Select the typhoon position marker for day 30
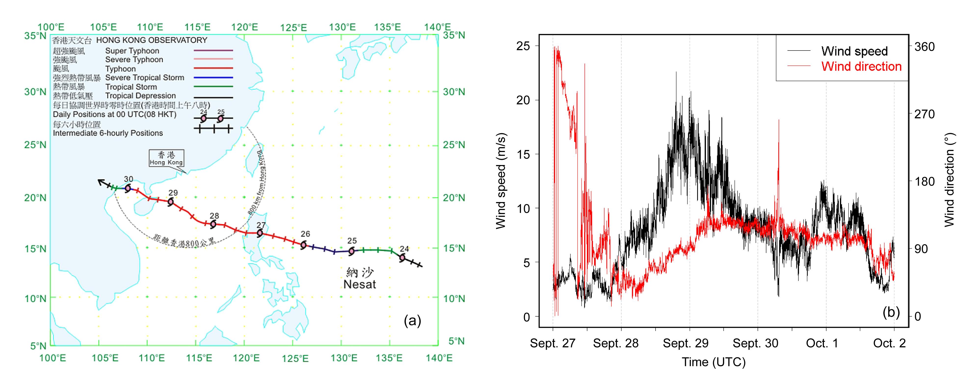click(x=128, y=188)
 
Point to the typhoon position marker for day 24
click(x=402, y=257)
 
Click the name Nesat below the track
click(x=359, y=284)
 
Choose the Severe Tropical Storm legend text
click(x=144, y=78)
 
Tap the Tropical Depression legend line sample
click(x=213, y=97)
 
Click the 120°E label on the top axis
click(x=245, y=27)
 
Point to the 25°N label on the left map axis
click(x=35, y=145)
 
